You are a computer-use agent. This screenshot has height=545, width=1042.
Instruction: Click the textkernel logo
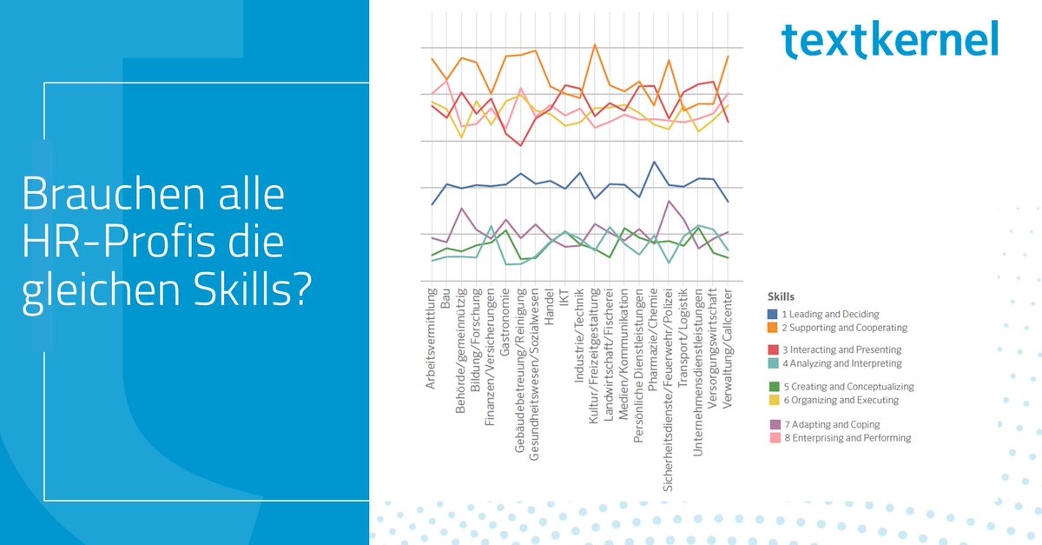[889, 41]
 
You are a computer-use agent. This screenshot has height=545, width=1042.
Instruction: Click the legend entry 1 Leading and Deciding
[831, 314]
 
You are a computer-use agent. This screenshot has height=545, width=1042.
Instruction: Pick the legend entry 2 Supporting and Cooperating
[845, 328]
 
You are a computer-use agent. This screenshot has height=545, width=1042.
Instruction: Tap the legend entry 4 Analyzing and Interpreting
[842, 363]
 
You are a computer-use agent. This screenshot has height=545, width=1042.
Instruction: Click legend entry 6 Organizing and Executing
[841, 400]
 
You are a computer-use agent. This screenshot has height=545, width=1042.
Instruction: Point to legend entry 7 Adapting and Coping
[832, 424]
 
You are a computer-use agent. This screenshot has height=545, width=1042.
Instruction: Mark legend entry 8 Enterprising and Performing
[847, 438]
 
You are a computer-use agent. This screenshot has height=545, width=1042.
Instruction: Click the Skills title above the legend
[781, 296]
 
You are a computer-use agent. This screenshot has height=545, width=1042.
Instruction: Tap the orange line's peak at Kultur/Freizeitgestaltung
[594, 44]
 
